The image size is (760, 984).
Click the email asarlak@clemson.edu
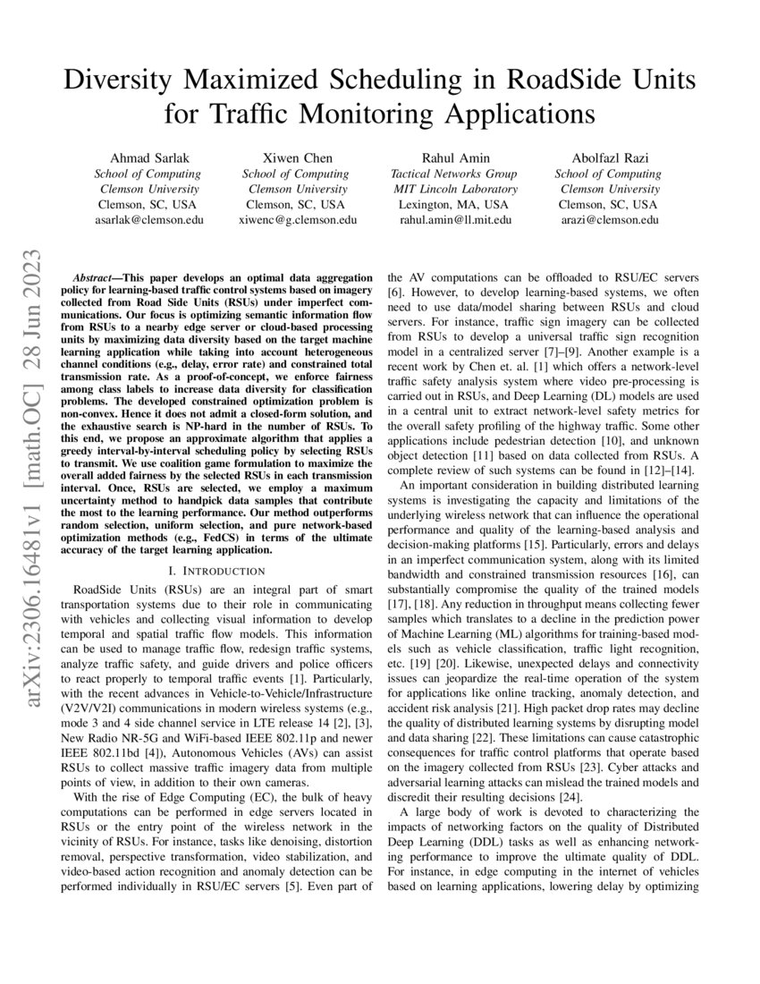point(148,219)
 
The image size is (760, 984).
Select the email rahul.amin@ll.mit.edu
point(455,219)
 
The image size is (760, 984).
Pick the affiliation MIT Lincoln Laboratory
point(455,189)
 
